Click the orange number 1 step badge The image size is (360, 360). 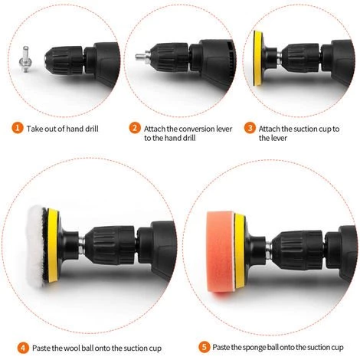point(18,128)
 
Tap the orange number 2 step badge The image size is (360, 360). point(135,128)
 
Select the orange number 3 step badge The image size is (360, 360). point(250,128)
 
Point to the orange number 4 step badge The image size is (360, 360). point(23,348)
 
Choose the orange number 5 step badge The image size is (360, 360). point(204,347)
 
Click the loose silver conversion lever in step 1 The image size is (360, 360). point(25,59)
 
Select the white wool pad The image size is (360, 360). point(37,246)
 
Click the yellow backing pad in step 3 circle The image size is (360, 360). point(258,58)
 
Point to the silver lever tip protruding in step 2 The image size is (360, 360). point(141,56)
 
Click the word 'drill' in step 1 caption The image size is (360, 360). point(92,129)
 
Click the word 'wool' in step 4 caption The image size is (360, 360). point(72,348)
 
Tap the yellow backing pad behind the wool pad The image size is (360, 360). point(53,245)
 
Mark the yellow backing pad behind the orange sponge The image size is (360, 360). point(240,251)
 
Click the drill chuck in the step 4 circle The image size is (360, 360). point(110,245)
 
